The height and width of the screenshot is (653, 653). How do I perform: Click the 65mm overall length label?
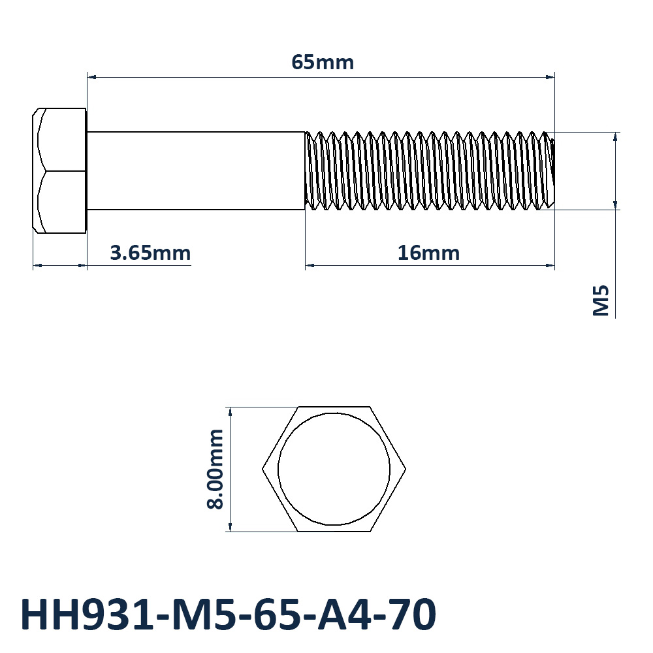pyautogui.click(x=323, y=63)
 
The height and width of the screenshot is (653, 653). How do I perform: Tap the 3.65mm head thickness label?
pyautogui.click(x=150, y=253)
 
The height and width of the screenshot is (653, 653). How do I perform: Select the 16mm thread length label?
pyautogui.click(x=428, y=253)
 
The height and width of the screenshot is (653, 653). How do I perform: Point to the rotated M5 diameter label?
pyautogui.click(x=601, y=300)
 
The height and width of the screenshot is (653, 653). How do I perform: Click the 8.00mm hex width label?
pyautogui.click(x=215, y=470)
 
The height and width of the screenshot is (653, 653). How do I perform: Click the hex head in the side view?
pyautogui.click(x=59, y=170)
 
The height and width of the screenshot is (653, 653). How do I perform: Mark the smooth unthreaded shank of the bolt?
pyautogui.click(x=196, y=170)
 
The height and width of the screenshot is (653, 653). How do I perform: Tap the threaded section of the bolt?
pyautogui.click(x=430, y=170)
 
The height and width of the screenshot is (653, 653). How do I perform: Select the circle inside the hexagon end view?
pyautogui.click(x=334, y=413)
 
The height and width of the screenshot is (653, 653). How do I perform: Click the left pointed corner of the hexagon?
pyautogui.click(x=263, y=470)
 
